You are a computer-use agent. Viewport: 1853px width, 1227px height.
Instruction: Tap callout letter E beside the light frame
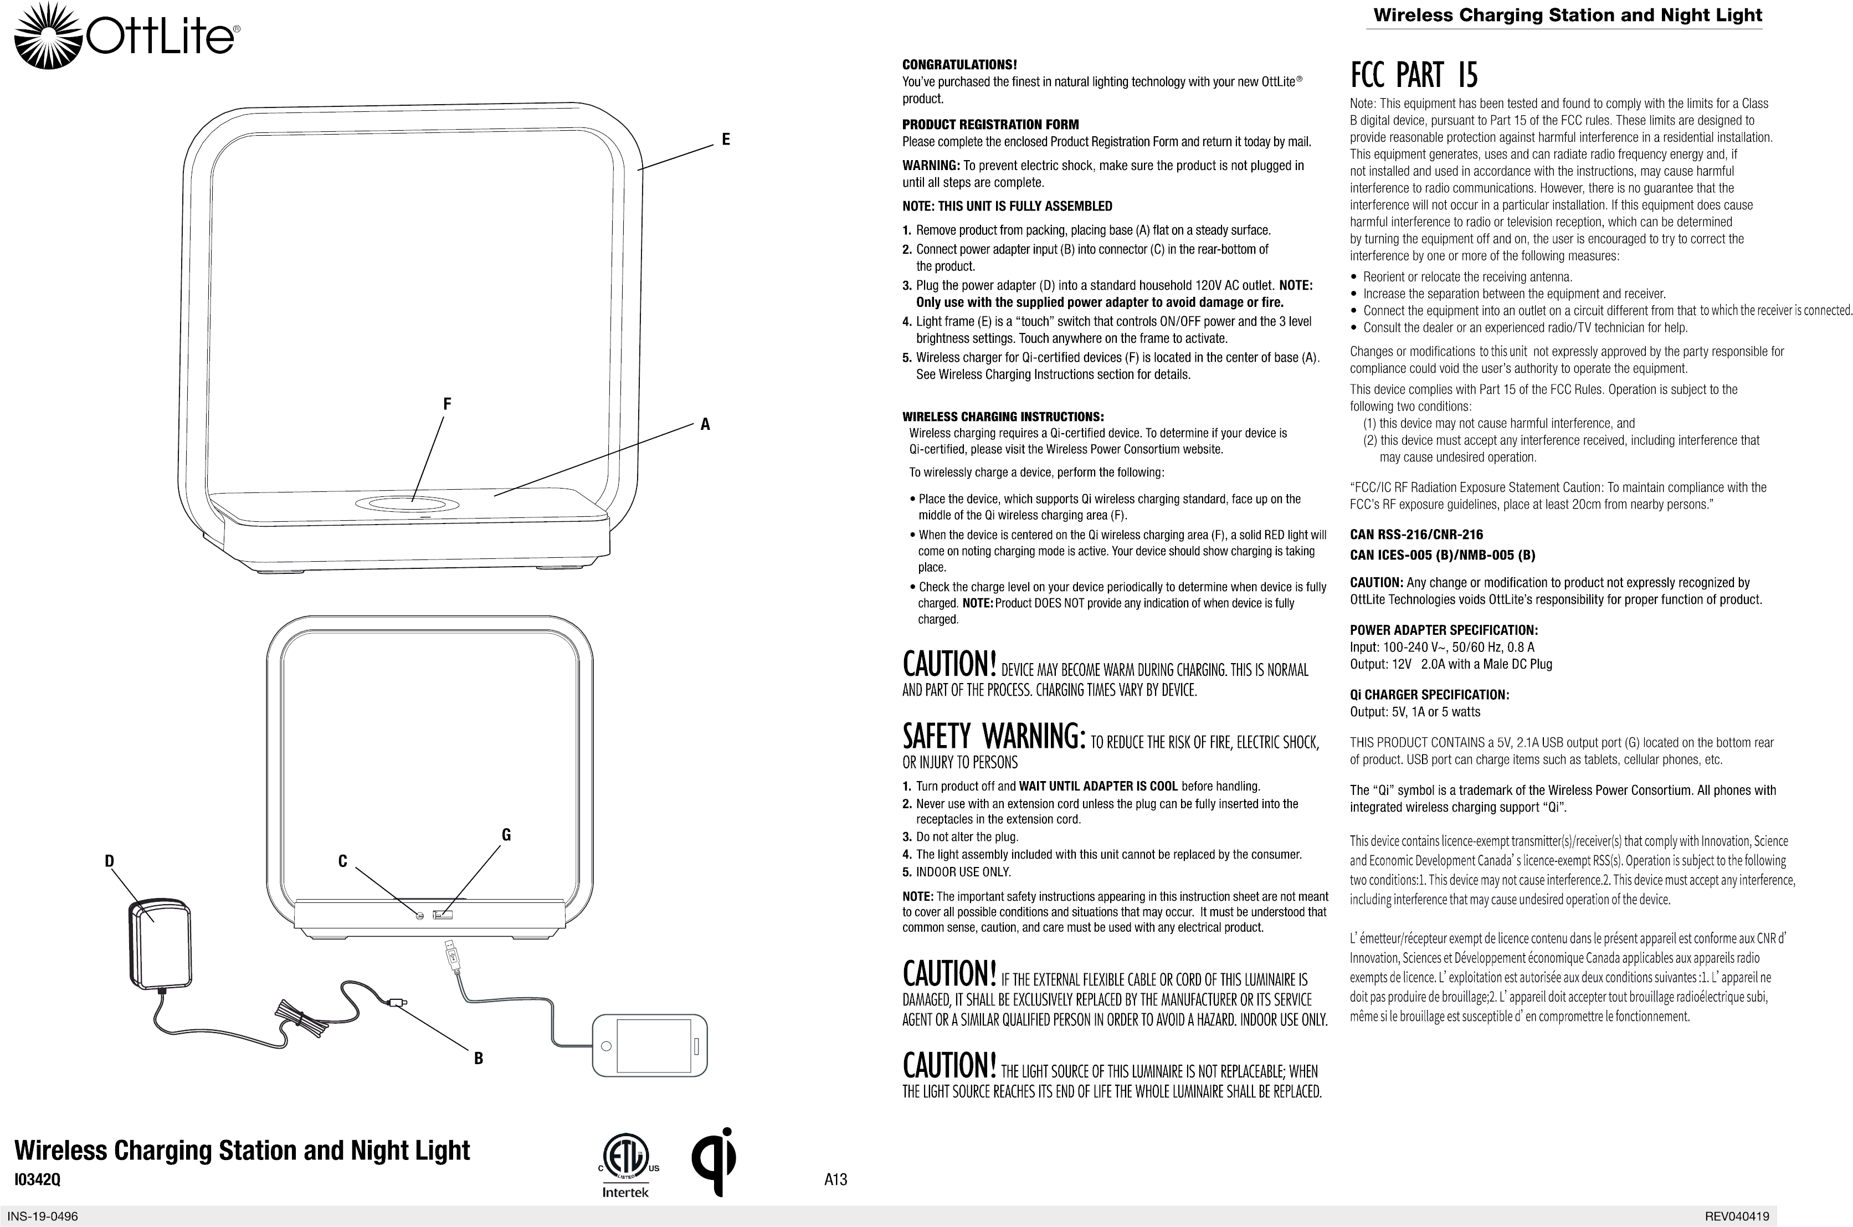[x=725, y=139]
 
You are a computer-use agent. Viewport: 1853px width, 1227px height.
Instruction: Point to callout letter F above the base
[x=447, y=404]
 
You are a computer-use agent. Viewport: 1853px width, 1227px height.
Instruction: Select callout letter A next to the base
[x=705, y=425]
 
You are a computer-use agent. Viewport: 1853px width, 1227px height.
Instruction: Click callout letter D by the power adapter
[x=110, y=861]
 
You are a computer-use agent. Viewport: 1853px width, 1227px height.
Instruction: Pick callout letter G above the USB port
[x=506, y=835]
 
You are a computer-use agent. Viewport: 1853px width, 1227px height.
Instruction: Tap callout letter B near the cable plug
[x=478, y=1059]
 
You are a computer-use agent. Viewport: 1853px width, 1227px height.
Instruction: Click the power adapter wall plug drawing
[x=160, y=944]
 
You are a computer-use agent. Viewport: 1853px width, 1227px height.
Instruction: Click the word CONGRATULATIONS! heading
[x=959, y=64]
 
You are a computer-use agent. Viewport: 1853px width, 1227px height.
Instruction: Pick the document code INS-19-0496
[x=43, y=1217]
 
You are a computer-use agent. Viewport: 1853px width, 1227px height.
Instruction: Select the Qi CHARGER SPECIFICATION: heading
[x=1429, y=695]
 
